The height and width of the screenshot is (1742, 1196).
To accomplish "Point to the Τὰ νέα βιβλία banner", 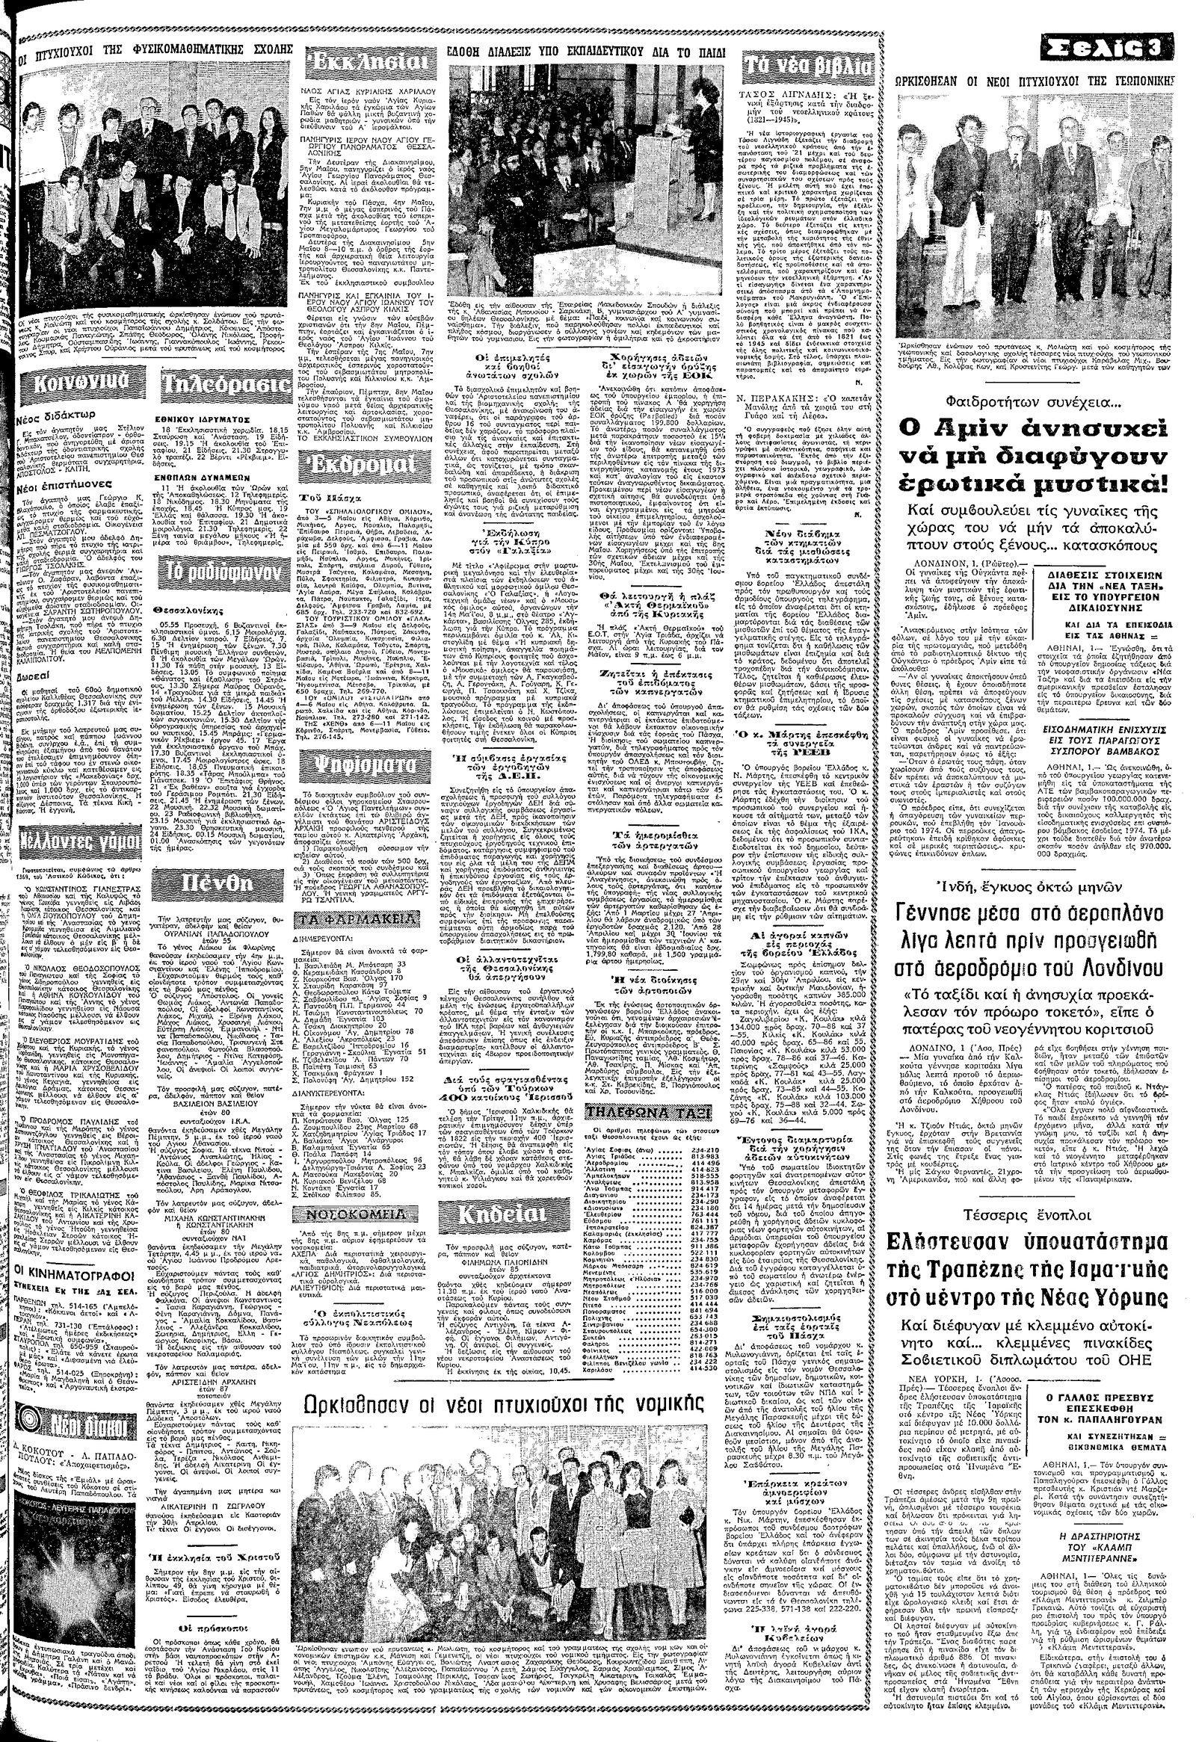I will (x=806, y=68).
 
